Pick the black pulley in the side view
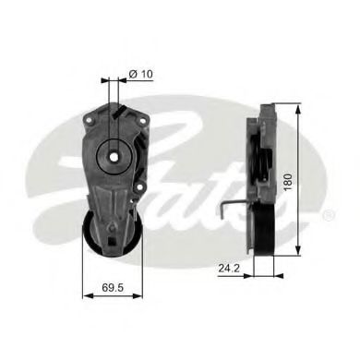(x=267, y=227)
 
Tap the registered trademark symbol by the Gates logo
(x=330, y=214)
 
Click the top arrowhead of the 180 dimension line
(x=299, y=109)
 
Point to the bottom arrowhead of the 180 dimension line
(x=299, y=252)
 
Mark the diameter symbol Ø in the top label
(x=133, y=74)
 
